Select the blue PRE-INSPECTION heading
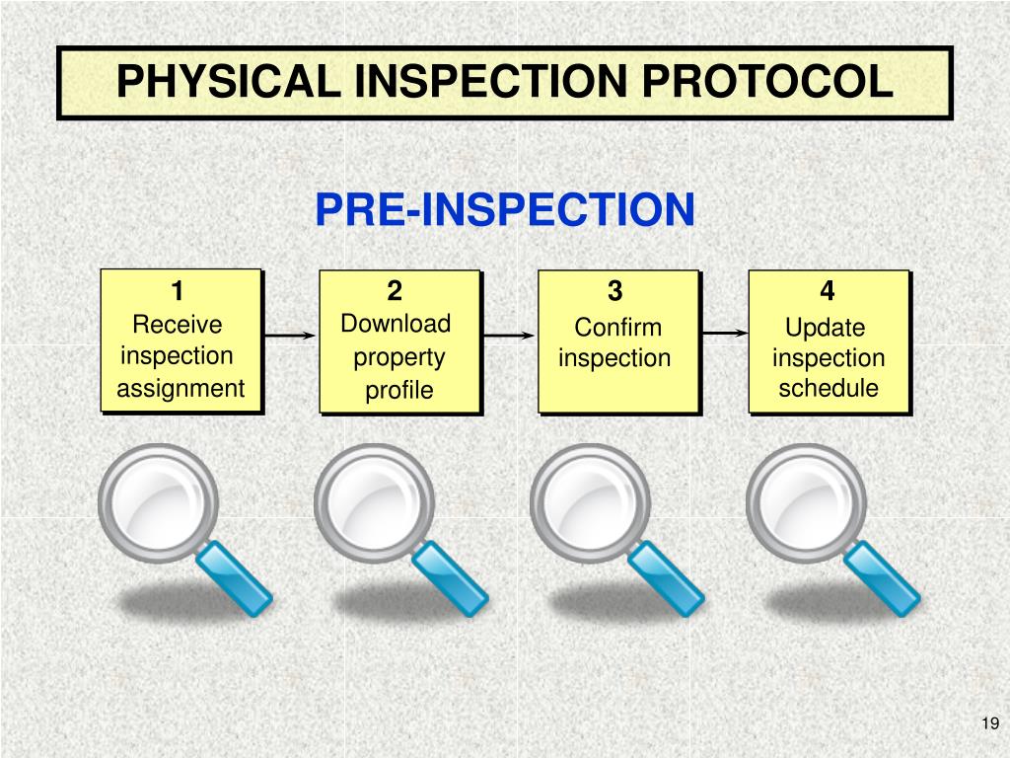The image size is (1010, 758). pos(505,209)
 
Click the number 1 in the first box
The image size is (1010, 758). pos(178,292)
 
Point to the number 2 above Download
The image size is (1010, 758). pos(395,291)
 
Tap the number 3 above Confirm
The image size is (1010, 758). pos(615,292)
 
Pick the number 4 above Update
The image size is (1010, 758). pos(827,291)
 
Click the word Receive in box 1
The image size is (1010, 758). pos(178,325)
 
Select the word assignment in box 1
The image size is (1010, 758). pos(180,388)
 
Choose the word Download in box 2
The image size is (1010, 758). pos(396,324)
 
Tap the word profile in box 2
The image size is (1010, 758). pos(399,391)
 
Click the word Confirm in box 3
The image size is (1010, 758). pos(617,327)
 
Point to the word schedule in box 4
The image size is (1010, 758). pos(829,388)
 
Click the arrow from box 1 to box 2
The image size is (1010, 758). pos(290,336)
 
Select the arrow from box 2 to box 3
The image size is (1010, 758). pos(509,336)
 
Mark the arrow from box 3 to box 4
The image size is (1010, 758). pos(725,334)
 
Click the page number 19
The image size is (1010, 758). pos(990,724)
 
